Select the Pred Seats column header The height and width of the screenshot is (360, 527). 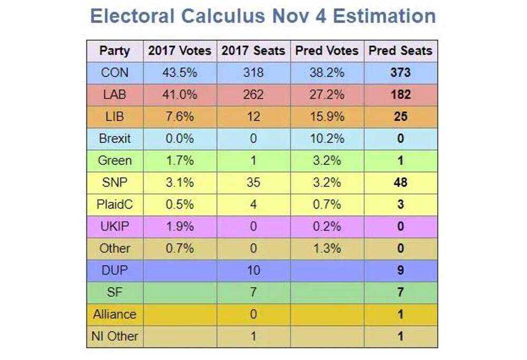(x=401, y=51)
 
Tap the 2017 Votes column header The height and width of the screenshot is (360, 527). (x=180, y=51)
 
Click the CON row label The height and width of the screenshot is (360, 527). (x=114, y=73)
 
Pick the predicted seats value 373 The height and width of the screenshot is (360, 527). (x=401, y=73)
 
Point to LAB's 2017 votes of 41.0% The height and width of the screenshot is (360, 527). (x=180, y=95)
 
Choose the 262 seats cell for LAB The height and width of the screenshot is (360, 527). (x=253, y=95)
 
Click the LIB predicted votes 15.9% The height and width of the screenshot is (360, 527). (x=327, y=116)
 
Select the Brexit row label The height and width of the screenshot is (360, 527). (x=114, y=139)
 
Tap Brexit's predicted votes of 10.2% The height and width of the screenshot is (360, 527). (x=327, y=139)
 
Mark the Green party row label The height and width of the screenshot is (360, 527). (x=114, y=161)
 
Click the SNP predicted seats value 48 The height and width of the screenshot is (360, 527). (x=401, y=183)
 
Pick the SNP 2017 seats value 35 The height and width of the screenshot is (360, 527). (x=253, y=183)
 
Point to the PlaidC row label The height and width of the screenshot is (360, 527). (x=114, y=205)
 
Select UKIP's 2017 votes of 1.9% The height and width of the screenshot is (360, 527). (x=180, y=227)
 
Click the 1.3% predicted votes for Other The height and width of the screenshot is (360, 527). (x=327, y=248)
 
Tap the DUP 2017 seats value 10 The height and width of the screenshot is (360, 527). (x=253, y=270)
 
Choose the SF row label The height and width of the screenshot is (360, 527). (x=114, y=293)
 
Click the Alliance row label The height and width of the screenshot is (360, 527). (x=114, y=314)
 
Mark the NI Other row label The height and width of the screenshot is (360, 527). (x=114, y=336)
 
